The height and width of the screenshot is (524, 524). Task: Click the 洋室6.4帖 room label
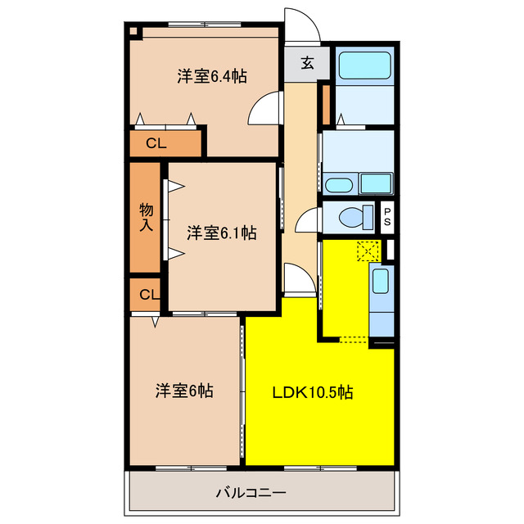click(x=212, y=76)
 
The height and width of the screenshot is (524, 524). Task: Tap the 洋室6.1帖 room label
click(x=220, y=233)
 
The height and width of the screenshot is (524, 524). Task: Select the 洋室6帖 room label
click(x=184, y=391)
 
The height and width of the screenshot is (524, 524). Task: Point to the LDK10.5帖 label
click(x=313, y=392)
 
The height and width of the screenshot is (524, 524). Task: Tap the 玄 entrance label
click(x=306, y=63)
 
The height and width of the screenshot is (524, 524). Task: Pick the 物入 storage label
click(x=146, y=217)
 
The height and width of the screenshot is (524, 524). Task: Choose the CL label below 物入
click(x=148, y=294)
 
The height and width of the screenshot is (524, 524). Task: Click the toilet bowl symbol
click(x=351, y=218)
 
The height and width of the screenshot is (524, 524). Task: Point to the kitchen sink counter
click(x=382, y=299)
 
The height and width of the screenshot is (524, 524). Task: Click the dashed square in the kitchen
click(x=366, y=251)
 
